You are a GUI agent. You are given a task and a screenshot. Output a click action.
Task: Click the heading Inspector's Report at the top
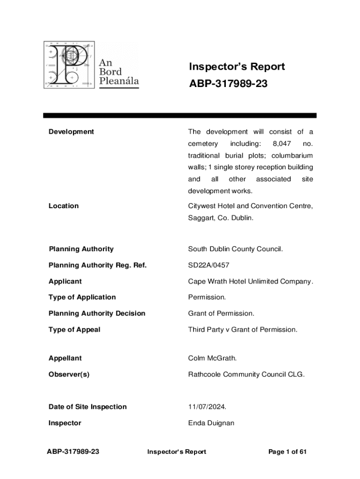[x=237, y=67]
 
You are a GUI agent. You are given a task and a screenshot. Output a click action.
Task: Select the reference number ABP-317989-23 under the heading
[x=228, y=84]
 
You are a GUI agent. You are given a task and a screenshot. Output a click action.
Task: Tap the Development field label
[x=71, y=131]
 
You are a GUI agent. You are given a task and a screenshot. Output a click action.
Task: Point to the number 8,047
[x=282, y=144]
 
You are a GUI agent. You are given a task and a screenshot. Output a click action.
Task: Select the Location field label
[x=64, y=206]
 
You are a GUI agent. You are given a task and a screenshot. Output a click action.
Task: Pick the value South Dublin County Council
[x=235, y=249]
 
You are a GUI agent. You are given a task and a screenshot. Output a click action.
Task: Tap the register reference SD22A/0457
[x=209, y=265]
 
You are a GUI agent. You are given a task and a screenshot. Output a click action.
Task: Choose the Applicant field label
[x=65, y=281]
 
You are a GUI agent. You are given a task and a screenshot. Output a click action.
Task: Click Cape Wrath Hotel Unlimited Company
[x=250, y=281]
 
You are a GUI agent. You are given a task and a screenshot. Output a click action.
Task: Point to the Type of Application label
[x=82, y=297]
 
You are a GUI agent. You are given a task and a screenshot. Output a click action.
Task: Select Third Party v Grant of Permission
[x=242, y=329]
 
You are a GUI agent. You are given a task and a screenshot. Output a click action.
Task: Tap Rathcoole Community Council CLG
[x=246, y=374]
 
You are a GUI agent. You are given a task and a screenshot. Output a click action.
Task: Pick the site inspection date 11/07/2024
[x=207, y=406]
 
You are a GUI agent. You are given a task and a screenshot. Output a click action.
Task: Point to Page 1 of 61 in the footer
[x=287, y=451]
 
